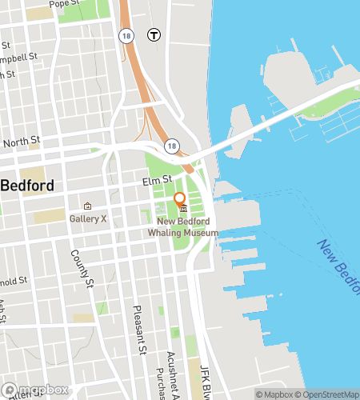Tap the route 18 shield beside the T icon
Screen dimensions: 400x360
(125, 35)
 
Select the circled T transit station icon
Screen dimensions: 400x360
(152, 34)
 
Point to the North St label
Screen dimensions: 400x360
(22, 142)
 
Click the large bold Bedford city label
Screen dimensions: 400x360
(27, 186)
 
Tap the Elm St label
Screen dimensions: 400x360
(158, 180)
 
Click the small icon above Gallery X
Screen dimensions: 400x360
(88, 206)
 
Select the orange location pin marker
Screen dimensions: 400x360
(180, 200)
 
